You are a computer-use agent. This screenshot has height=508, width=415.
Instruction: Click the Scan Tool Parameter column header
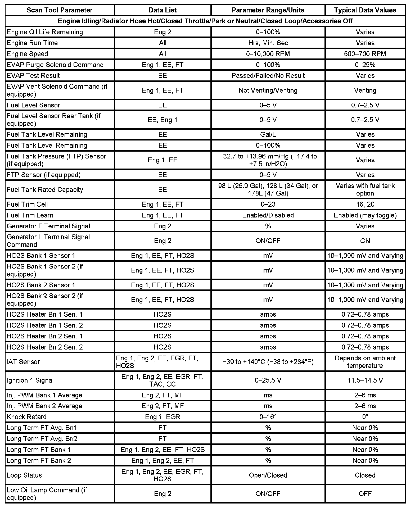pyautogui.click(x=60, y=10)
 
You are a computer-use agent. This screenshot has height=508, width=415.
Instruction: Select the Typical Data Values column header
pyautogui.click(x=365, y=10)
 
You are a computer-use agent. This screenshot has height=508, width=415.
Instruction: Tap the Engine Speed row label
pyautogui.click(x=27, y=54)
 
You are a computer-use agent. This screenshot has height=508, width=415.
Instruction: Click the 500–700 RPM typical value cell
pyautogui.click(x=365, y=54)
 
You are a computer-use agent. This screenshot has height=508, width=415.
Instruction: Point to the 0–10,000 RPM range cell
pyautogui.click(x=268, y=54)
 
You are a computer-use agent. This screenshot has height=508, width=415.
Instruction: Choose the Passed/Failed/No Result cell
pyautogui.click(x=268, y=75)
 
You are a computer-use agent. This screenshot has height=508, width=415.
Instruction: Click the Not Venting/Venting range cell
pyautogui.click(x=268, y=90)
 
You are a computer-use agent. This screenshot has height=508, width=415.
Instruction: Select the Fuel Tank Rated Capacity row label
pyautogui.click(x=45, y=189)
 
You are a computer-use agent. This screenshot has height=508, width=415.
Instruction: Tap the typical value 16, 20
pyautogui.click(x=365, y=204)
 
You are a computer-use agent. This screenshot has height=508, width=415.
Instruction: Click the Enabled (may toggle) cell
pyautogui.click(x=365, y=215)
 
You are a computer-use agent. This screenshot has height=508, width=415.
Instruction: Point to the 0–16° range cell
pyautogui.click(x=268, y=417)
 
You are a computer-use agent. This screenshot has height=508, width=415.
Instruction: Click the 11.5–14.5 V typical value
pyautogui.click(x=365, y=380)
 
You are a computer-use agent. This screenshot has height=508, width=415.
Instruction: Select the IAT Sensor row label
pyautogui.click(x=23, y=362)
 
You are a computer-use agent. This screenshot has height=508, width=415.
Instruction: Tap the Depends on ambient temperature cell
pyautogui.click(x=365, y=362)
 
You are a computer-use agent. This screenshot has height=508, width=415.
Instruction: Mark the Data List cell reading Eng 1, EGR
pyautogui.click(x=163, y=417)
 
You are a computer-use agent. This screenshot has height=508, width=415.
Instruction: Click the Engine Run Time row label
pyautogui.click(x=32, y=43)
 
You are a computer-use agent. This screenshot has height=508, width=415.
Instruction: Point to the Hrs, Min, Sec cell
pyautogui.click(x=268, y=43)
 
